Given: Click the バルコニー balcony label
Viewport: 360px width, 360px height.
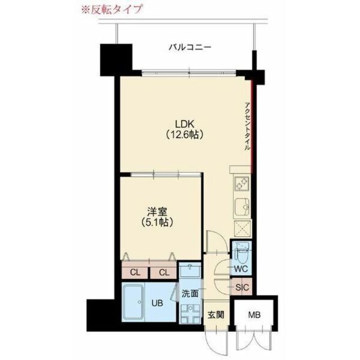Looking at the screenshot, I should tap(190, 48).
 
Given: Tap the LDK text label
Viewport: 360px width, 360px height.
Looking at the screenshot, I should tap(184, 124).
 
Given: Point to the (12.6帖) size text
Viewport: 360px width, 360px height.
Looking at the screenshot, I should tap(184, 135).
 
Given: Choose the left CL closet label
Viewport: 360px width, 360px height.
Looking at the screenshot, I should tap(135, 273).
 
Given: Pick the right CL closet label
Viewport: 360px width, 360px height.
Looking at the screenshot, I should tap(164, 273).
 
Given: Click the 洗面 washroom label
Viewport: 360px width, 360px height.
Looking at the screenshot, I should tap(190, 294).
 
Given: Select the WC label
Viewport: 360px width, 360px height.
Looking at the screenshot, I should tap(241, 269).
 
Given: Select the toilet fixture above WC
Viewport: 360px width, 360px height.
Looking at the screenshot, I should tap(241, 251).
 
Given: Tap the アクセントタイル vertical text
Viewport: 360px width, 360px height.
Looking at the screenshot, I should tap(248, 125).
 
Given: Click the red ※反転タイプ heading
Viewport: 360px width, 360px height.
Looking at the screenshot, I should tap(112, 9).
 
